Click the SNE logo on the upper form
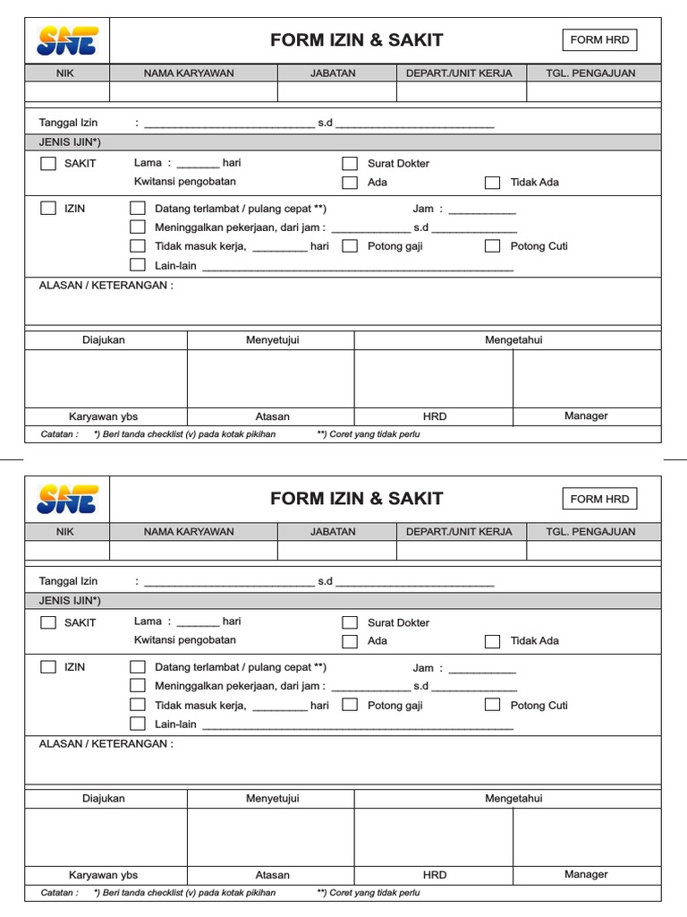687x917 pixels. (67, 40)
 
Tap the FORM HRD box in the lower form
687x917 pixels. (599, 499)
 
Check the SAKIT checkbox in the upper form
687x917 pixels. (48, 164)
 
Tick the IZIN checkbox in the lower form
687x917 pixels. (48, 667)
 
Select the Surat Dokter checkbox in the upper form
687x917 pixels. (350, 164)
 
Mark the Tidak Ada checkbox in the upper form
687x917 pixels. (492, 183)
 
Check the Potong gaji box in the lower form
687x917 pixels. (350, 705)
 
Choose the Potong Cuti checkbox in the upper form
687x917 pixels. (492, 246)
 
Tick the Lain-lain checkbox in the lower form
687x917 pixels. (137, 724)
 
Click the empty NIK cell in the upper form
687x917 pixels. (67, 91)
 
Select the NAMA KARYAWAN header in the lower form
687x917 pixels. (189, 532)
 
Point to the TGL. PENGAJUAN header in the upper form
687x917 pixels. (590, 73)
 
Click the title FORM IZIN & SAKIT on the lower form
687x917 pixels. (356, 499)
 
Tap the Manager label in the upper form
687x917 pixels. (586, 416)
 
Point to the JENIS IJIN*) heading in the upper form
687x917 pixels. (70, 142)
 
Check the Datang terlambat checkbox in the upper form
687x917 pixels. (137, 209)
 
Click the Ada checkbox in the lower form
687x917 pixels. (350, 641)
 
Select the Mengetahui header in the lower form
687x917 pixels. (513, 799)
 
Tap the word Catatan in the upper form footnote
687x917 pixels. (59, 434)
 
